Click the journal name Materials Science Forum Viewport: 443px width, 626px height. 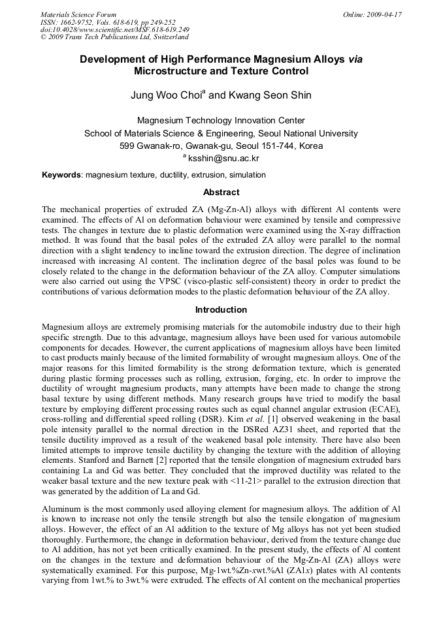(x=78, y=14)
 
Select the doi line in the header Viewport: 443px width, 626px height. (x=115, y=29)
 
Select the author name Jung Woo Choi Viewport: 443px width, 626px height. (x=166, y=95)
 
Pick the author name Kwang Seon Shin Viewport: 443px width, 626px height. (x=270, y=95)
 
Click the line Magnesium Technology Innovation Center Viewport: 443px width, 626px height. (x=221, y=121)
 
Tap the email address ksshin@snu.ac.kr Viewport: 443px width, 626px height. (x=224, y=159)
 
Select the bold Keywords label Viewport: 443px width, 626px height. (x=61, y=175)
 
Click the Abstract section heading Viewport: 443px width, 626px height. (x=221, y=193)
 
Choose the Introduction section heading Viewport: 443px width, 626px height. (x=221, y=309)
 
